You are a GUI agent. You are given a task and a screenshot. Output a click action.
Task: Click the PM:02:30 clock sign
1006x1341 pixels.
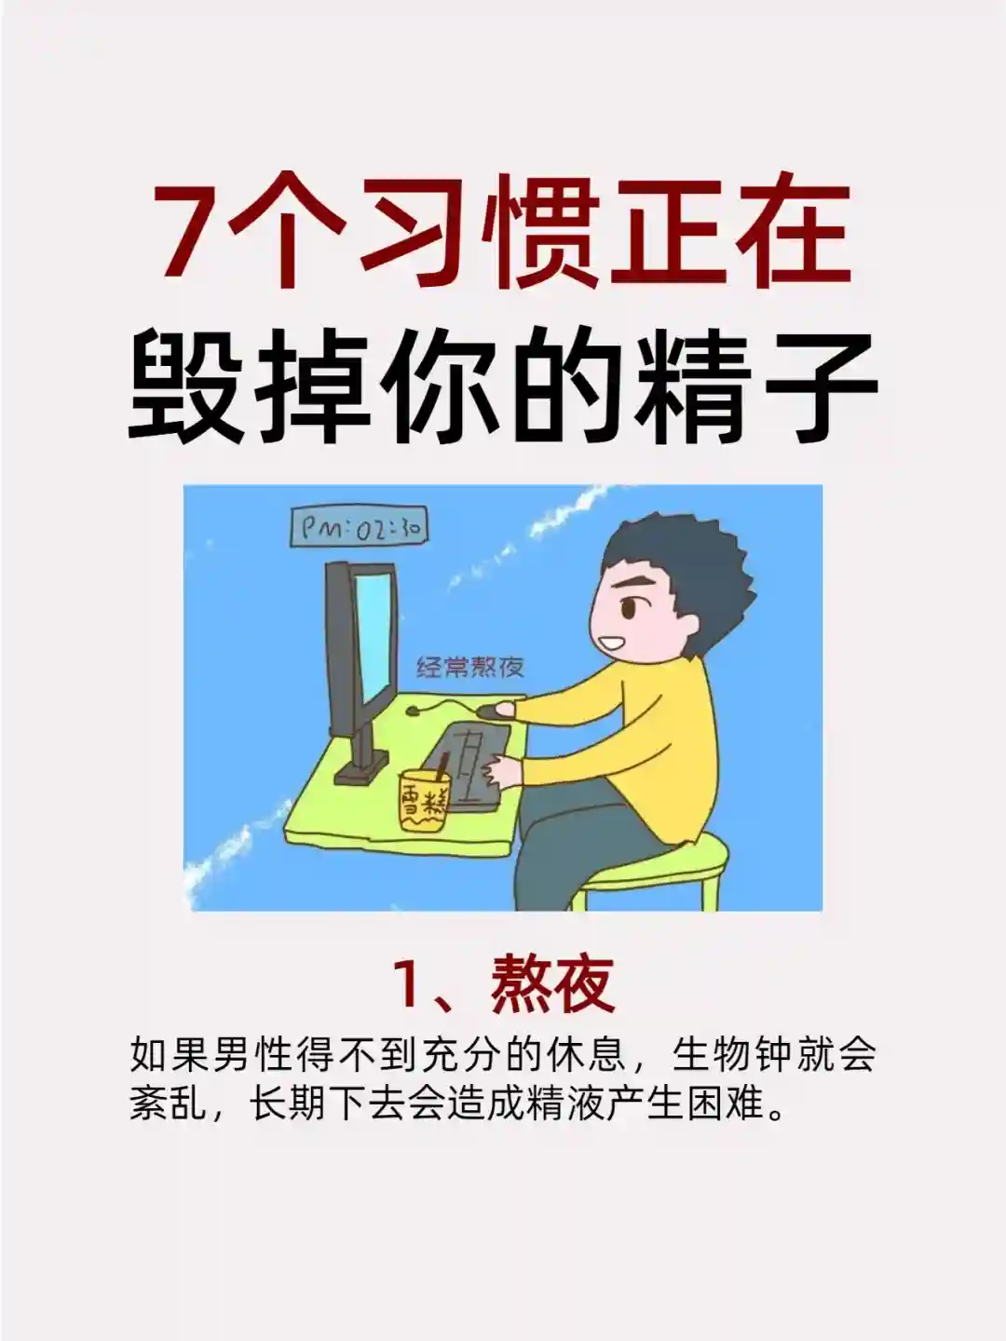359,528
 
